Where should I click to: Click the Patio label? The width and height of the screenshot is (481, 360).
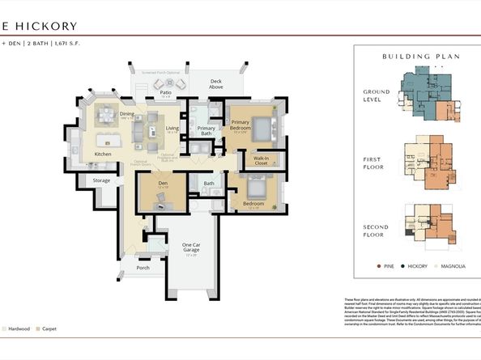[165, 93]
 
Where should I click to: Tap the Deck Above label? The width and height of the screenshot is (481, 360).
[216, 83]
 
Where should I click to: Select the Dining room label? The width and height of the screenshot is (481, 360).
[127, 114]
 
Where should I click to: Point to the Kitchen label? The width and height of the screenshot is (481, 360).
[103, 153]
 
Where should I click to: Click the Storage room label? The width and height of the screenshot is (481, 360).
[101, 180]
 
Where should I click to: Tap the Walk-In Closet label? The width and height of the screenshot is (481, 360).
[260, 160]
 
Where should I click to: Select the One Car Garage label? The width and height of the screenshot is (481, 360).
[190, 248]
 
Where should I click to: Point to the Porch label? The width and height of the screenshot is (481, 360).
[143, 268]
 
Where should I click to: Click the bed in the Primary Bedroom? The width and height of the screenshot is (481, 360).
[261, 127]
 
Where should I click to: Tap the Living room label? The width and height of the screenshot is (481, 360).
[172, 128]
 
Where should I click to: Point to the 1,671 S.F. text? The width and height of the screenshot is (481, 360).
[87, 42]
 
